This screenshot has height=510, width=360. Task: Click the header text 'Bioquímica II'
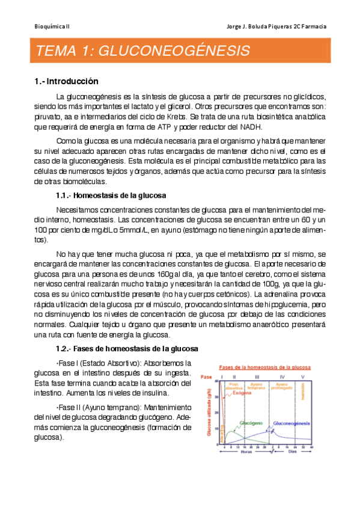[x=51, y=26]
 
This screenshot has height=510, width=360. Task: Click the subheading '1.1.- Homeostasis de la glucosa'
[x=111, y=195]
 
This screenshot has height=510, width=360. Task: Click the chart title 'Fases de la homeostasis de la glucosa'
[x=264, y=366]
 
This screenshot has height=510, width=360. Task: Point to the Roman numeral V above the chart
[x=302, y=376]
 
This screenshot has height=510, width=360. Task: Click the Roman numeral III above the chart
[x=257, y=376]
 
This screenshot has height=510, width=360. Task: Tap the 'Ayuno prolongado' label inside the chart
[x=283, y=387]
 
